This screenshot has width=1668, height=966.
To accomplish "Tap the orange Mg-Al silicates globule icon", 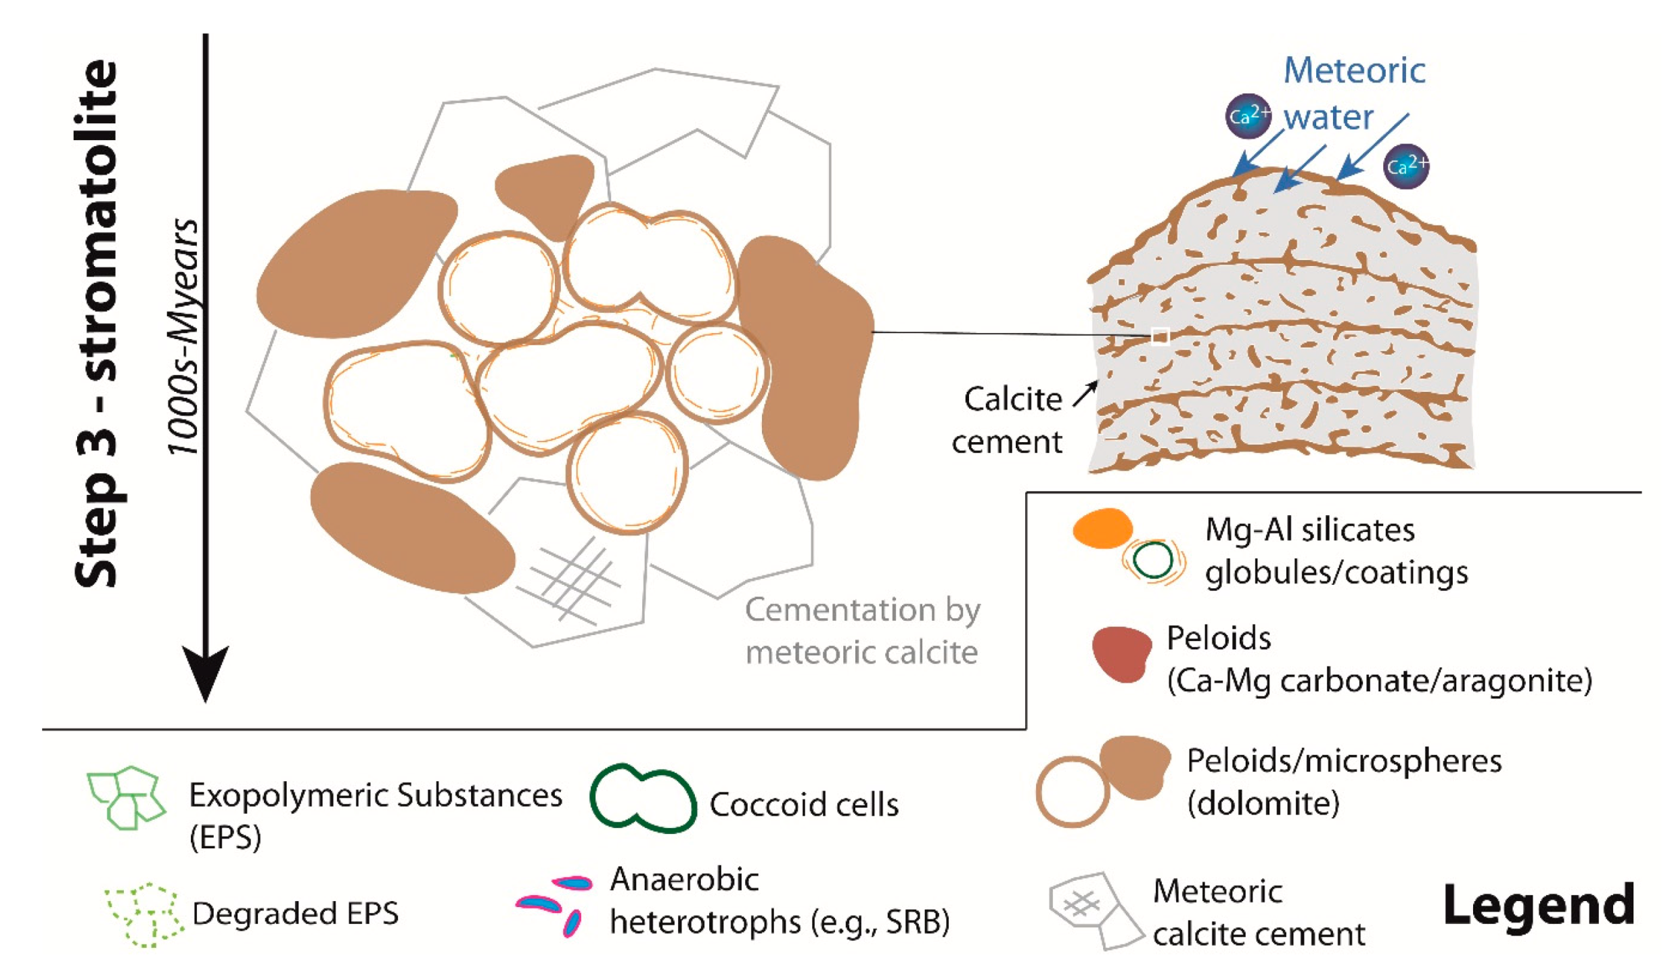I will (x=1102, y=528).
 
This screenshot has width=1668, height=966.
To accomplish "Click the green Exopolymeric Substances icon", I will (x=126, y=797).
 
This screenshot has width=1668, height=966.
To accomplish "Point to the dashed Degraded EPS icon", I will (x=143, y=914).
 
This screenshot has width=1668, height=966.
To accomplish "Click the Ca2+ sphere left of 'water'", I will (x=1248, y=116).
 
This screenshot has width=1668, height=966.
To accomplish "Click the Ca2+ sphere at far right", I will (x=1405, y=166).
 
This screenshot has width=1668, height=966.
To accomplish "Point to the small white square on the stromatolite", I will (x=1160, y=336).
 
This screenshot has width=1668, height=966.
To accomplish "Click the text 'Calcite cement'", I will (x=1010, y=420).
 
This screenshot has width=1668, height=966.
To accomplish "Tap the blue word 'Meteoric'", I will (x=1353, y=70).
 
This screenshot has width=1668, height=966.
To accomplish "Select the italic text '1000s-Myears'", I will (x=183, y=336).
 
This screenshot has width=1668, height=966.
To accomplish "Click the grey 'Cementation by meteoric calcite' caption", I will (x=861, y=631).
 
